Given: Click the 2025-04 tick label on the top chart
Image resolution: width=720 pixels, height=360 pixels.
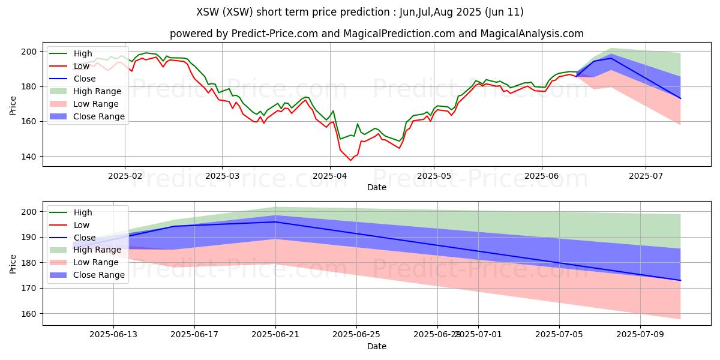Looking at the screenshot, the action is pos(330,176).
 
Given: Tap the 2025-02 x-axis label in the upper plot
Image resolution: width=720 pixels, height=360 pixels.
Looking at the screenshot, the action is pos(125,176).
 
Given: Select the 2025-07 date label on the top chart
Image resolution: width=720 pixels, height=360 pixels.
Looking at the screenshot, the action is pos(646,176).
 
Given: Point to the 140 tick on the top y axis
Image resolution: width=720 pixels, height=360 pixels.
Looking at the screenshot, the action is pos(29,157).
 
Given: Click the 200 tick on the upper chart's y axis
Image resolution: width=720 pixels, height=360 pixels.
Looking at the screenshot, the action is pos(29,52).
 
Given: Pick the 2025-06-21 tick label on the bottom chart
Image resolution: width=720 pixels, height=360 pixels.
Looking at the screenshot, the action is pos(275,335).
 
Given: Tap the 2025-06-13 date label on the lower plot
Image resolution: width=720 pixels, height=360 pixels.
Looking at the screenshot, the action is pos(113,335).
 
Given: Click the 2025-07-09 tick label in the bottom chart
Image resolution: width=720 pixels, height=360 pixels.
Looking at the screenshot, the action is pos(640,335).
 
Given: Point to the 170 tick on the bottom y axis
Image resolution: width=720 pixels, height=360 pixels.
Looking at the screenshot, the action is pos(29,289).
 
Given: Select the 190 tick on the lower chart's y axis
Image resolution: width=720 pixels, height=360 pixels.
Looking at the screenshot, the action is pos(29,237).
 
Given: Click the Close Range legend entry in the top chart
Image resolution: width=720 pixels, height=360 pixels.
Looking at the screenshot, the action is pos(87,116).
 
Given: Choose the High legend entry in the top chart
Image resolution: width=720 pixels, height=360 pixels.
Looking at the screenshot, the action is pos(71,53).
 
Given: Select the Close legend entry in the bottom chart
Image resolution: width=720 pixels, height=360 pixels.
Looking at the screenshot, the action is pos(73,238).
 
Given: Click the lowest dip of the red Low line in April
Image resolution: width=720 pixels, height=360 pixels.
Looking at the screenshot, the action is pos(350,160).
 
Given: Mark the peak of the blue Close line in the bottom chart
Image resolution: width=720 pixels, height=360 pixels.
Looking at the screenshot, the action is pos(275,222).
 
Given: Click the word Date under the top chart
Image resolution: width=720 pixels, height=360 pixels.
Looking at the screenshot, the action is pos(377,187).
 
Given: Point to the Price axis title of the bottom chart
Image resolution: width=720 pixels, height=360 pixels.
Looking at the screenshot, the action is pos(13,264).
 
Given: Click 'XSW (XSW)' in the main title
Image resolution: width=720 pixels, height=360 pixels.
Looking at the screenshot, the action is pos(224,12).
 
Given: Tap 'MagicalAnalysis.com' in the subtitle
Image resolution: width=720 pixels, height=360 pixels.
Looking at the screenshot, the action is pos(532,34).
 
